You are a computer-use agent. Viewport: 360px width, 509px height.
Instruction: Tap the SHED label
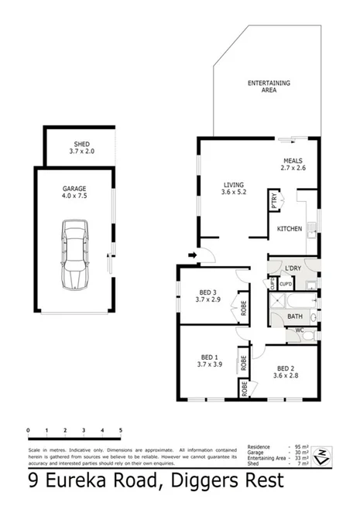[x=81, y=147]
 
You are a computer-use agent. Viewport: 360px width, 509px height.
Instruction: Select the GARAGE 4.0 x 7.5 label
[x=74, y=193]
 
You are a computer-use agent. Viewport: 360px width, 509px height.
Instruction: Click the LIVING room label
[x=233, y=189]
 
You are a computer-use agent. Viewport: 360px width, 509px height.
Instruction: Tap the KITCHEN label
[x=289, y=229]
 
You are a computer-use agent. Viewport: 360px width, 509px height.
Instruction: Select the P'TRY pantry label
[x=274, y=200]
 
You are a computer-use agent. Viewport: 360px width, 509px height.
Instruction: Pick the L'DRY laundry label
[x=293, y=268]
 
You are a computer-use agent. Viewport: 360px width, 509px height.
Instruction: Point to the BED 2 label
[x=285, y=371]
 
